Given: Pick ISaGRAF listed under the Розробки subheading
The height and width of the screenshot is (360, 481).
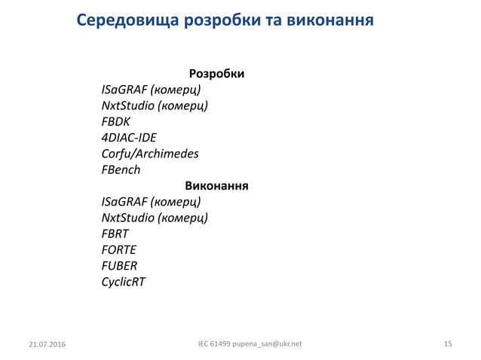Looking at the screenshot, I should [124, 91].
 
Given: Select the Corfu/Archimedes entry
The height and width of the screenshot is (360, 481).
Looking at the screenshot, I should [150, 154].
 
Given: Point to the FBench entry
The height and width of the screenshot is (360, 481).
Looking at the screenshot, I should [121, 169].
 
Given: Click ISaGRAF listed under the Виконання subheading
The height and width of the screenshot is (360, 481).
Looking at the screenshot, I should [124, 202].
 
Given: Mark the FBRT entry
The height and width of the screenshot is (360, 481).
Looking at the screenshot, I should [115, 233].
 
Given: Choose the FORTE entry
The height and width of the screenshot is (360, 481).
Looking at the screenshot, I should [119, 249].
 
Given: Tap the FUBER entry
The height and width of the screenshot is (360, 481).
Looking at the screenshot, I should [119, 265].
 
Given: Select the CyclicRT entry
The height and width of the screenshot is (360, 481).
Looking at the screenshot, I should [124, 282].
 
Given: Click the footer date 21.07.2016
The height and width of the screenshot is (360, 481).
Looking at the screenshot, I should [46, 344].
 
